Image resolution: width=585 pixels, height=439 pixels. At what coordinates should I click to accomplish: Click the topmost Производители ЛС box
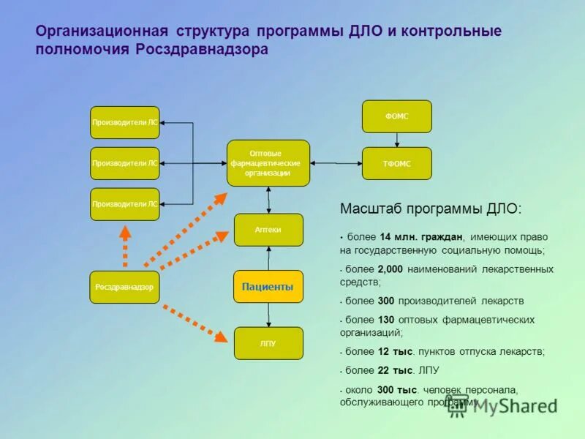124,122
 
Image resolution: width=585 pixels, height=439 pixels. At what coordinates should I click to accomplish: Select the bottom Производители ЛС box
124,204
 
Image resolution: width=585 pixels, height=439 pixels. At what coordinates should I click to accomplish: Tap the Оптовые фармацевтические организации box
268,163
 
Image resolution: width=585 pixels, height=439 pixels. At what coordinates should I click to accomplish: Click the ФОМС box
397,116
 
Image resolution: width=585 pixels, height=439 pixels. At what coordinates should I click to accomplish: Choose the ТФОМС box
397,163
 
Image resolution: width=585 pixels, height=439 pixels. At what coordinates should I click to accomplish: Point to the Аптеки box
268,230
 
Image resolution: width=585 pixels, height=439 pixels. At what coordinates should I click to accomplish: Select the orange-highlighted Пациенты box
268,286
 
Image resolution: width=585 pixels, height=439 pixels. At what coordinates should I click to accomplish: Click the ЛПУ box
268,343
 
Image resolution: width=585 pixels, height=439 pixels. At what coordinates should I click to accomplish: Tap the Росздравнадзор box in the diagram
124,287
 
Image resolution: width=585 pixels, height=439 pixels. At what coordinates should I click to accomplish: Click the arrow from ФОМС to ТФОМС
397,140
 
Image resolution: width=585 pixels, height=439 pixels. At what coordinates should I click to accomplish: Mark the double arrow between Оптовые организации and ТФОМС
336,162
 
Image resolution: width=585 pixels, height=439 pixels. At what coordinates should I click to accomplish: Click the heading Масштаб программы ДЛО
431,209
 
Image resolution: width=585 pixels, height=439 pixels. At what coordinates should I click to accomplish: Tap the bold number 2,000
391,269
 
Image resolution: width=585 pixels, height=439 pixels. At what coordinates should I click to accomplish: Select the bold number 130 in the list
388,320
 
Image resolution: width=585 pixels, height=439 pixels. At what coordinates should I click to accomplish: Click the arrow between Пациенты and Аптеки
268,258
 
